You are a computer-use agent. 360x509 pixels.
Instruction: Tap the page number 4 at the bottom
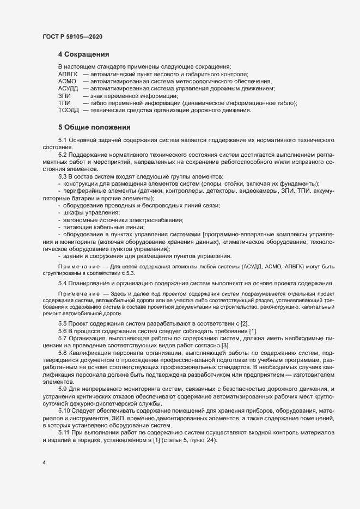click(44, 463)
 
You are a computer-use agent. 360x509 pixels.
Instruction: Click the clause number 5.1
click(63, 140)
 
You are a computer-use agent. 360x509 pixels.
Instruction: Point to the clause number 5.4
click(63, 284)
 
